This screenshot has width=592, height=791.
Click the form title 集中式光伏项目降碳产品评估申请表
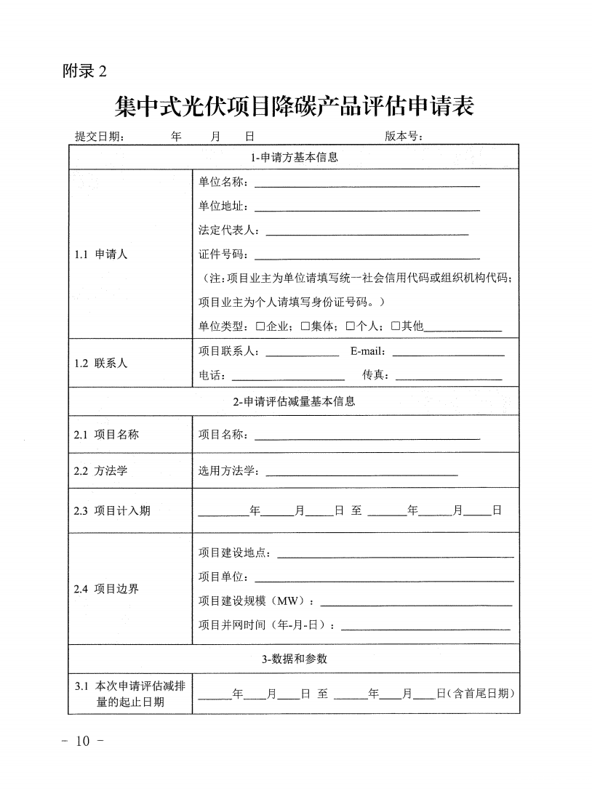click(x=295, y=106)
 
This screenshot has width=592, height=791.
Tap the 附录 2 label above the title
click(x=85, y=71)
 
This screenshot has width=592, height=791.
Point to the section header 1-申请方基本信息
click(x=294, y=157)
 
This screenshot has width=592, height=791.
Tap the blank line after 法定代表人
click(x=367, y=233)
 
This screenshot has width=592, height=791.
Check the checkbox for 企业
click(x=260, y=326)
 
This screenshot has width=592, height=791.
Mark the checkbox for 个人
click(x=350, y=326)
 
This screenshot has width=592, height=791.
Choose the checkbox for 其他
click(x=395, y=326)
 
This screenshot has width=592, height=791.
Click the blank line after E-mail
click(x=448, y=354)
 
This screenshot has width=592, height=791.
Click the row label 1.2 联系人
click(x=100, y=363)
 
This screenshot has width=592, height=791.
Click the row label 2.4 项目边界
click(x=106, y=589)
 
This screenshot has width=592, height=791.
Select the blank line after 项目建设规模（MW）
click(x=416, y=603)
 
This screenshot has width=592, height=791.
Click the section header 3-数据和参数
click(x=294, y=659)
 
